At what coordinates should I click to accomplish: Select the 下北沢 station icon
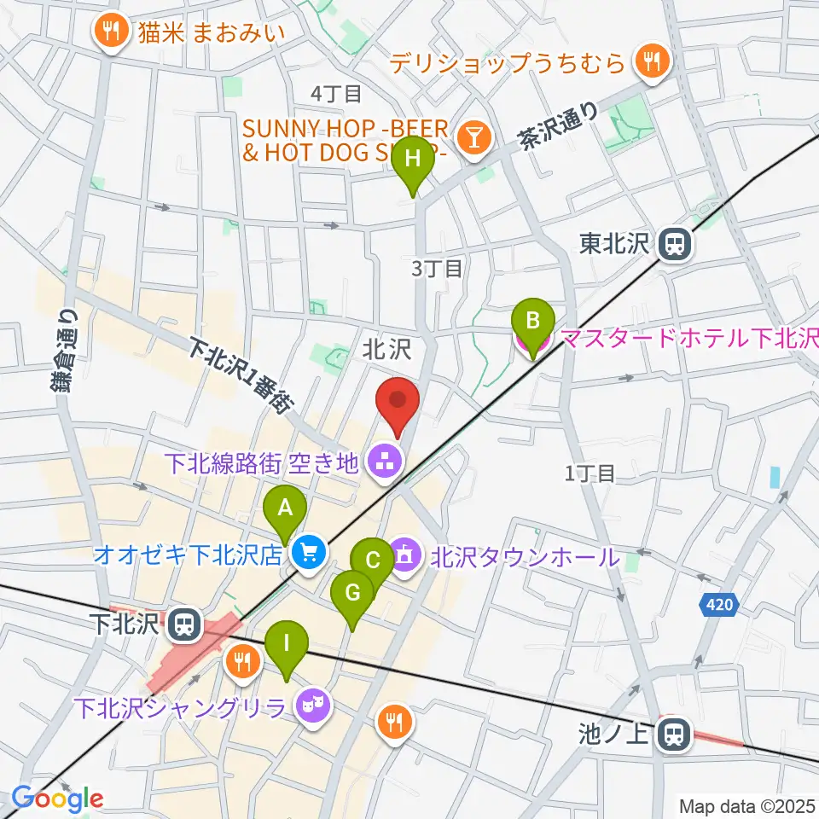tap(182, 625)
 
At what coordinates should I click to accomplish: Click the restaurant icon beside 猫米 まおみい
tap(110, 32)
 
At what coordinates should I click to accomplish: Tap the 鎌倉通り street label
tap(65, 350)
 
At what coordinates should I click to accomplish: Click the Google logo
tap(58, 799)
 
